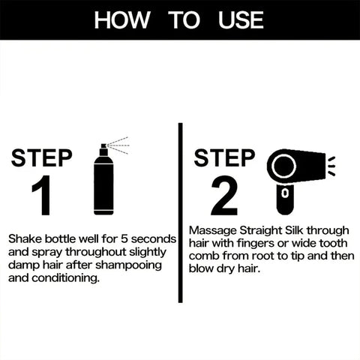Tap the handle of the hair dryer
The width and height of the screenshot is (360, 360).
coord(284,196)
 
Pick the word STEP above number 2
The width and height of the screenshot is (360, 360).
coord(225,158)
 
